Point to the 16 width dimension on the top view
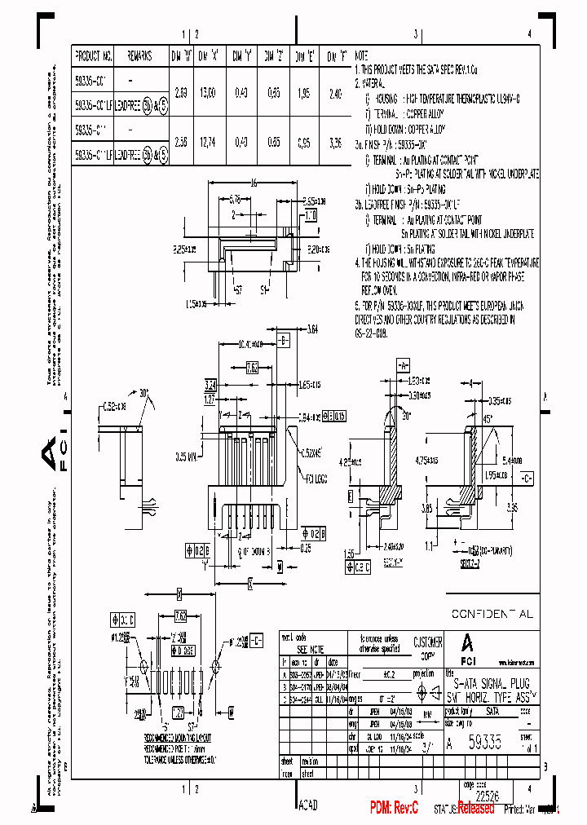coord(254,184)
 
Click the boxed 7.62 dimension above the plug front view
coord(252,368)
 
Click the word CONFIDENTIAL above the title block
coord(492,614)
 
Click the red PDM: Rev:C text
coord(394,807)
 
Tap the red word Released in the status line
coord(475,808)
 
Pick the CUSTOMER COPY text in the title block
coord(428,647)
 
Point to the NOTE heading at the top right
coord(361,57)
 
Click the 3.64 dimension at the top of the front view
coord(312,330)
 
